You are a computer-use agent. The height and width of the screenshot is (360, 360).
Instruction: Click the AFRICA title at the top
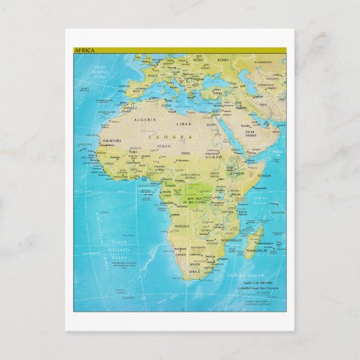[85, 50]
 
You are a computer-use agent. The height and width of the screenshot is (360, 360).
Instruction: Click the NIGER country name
[164, 146]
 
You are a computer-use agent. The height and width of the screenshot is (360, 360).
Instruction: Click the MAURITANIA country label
[111, 141]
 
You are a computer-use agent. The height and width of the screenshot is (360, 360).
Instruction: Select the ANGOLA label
[182, 225]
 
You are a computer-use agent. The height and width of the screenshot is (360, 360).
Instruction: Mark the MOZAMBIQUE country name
[231, 240]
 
